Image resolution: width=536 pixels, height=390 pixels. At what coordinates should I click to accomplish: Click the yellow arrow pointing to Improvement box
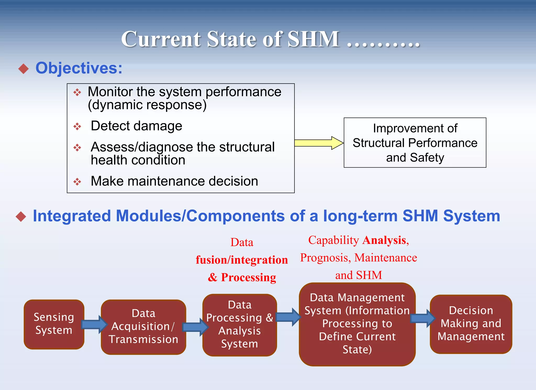pos(318,143)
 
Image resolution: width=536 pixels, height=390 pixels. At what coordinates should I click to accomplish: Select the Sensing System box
pos(54,324)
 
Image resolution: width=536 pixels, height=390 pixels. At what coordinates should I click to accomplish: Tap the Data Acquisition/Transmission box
pos(143,327)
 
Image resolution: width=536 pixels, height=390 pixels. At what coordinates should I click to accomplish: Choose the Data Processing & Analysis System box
pos(239,325)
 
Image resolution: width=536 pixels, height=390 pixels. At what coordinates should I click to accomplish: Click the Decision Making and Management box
pos(471,324)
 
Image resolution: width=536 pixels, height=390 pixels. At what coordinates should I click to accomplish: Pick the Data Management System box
pos(357,324)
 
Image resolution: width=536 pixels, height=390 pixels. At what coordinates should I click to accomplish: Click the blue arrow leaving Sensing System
pos(94,324)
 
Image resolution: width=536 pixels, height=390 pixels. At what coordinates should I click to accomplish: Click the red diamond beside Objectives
pos(24,69)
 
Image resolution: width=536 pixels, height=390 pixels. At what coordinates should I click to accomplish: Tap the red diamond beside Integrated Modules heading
pos(21,217)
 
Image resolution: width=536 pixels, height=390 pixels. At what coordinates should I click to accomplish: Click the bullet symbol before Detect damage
pos(77,127)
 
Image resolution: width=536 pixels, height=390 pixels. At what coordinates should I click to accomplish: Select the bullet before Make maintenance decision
pos(77,182)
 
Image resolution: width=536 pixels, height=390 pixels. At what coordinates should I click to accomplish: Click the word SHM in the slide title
pos(313,39)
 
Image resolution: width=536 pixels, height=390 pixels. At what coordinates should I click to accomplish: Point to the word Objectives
pos(79,68)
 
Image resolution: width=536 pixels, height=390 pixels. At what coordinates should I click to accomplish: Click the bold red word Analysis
pos(384,240)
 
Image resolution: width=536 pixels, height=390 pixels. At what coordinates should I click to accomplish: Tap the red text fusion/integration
pos(242,260)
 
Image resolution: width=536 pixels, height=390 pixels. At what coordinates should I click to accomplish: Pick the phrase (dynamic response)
pos(147,105)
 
